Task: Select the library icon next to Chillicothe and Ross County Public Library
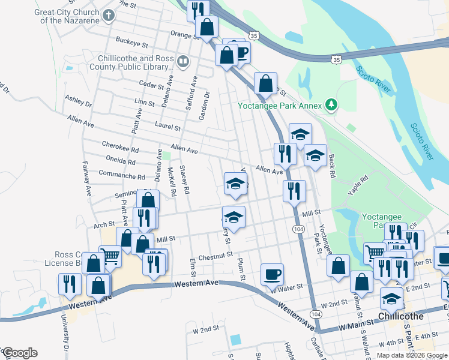click(x=183, y=61)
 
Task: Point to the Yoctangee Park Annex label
click(x=279, y=106)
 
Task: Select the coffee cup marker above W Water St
click(x=272, y=275)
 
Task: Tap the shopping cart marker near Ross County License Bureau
click(x=110, y=257)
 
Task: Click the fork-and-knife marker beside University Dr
click(x=69, y=284)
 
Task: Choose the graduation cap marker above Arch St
click(x=234, y=217)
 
